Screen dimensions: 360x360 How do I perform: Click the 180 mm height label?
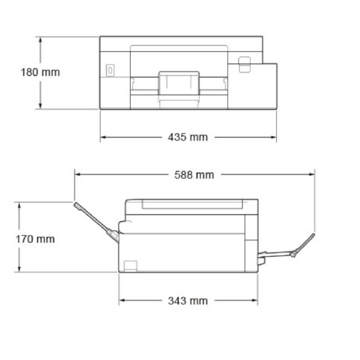41,72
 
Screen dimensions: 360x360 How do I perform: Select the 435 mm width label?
188,137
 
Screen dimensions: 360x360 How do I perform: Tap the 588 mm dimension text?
194,175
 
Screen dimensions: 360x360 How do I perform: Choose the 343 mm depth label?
188,300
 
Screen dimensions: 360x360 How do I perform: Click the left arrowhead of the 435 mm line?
103,137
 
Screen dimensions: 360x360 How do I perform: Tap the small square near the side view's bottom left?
130,265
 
